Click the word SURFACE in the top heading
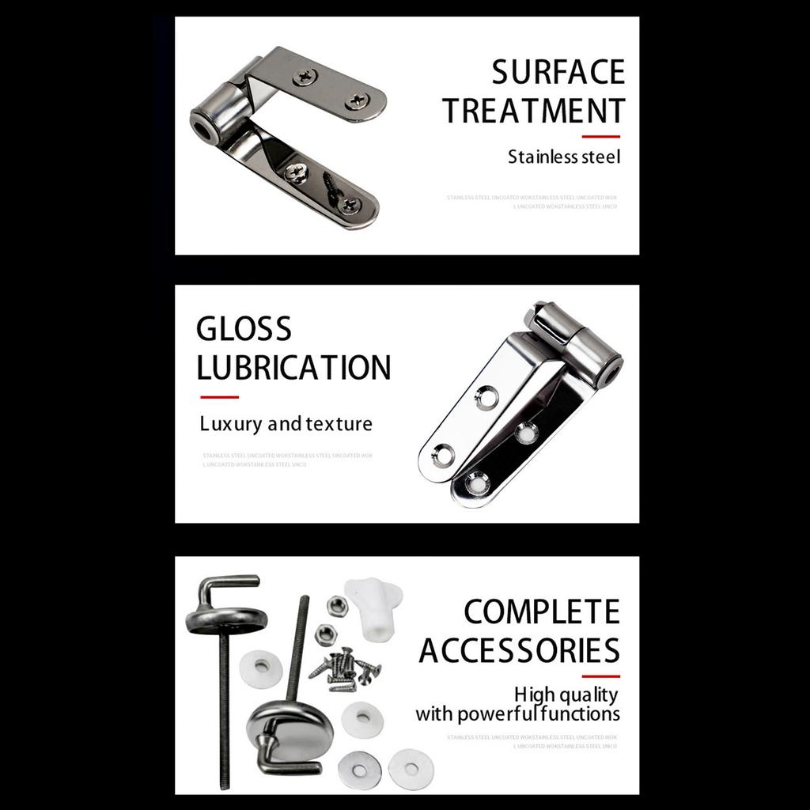[x=558, y=72]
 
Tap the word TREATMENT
[x=534, y=111]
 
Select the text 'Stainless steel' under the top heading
[x=564, y=157]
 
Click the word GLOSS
[x=244, y=329]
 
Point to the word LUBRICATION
[x=293, y=368]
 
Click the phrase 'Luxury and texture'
[x=286, y=424]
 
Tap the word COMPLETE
[x=541, y=612]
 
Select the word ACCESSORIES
[x=519, y=651]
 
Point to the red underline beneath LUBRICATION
[x=219, y=396]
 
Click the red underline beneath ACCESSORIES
[x=600, y=676]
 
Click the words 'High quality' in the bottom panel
[x=566, y=695]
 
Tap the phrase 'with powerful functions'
[x=517, y=713]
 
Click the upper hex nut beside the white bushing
[x=335, y=606]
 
